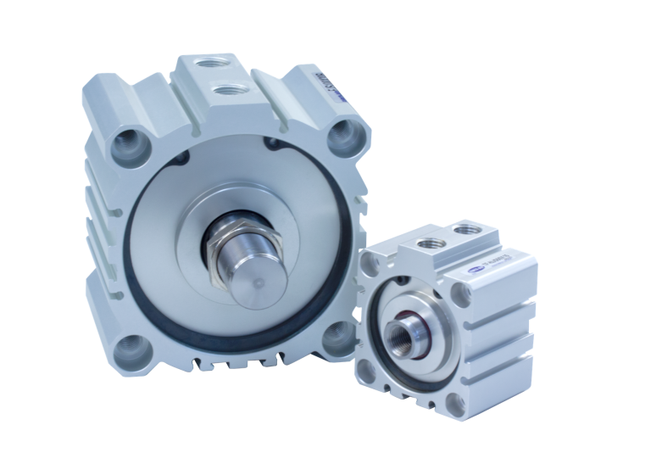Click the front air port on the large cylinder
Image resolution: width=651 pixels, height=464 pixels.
pyautogui.click(x=225, y=89)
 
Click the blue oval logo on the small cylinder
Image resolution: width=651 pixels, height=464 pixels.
pyautogui.click(x=474, y=269)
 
